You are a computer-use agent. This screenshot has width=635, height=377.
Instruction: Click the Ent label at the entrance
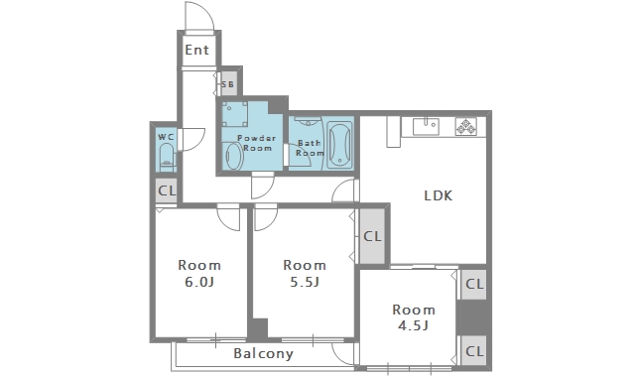196,50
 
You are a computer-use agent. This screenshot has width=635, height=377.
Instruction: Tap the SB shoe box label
227,84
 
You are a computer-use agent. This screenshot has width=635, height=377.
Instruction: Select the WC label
166,137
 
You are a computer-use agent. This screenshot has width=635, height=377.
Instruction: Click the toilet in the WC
167,157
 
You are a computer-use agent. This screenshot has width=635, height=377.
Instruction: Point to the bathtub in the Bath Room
339,145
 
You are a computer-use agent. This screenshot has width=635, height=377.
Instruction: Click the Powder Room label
256,143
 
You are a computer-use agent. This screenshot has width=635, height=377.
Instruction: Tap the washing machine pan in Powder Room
235,114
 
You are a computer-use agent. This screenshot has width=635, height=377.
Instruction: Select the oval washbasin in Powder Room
234,156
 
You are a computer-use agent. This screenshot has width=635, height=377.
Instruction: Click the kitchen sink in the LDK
426,126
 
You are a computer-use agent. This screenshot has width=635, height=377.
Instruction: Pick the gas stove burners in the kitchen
465,126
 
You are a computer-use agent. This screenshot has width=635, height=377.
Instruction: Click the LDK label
438,196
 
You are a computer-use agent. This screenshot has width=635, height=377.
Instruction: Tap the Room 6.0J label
199,274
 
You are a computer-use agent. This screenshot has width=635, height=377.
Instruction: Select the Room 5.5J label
305,274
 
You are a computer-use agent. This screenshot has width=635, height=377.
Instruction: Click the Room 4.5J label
414,317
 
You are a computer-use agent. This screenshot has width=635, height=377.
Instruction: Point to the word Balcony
263,353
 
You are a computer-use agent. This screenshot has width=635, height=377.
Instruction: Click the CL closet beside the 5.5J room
372,236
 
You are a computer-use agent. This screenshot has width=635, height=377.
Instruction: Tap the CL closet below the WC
167,190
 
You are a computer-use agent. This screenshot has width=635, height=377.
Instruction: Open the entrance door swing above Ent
199,16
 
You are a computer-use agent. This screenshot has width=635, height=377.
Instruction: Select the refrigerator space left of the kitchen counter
393,132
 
